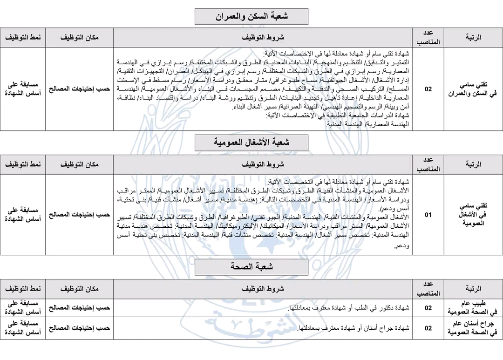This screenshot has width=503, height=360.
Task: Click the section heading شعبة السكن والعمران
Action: pyautogui.click(x=251, y=17)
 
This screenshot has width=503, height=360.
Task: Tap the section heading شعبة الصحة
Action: pyautogui.click(x=251, y=267)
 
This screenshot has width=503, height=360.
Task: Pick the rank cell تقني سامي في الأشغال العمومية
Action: pyautogui.click(x=473, y=215)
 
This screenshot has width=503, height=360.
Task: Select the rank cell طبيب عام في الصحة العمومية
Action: pyautogui.click(x=473, y=308)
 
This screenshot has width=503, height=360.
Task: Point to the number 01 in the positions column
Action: pyautogui.click(x=428, y=215)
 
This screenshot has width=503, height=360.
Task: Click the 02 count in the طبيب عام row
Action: pyautogui.click(x=428, y=308)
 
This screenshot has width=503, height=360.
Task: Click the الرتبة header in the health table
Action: pyautogui.click(x=473, y=289)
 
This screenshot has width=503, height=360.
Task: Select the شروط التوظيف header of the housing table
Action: pyautogui.click(x=263, y=38)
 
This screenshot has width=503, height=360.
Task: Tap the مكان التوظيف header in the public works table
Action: pyautogui.click(x=80, y=164)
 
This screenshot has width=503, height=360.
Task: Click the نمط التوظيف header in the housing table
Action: pyautogui.click(x=23, y=38)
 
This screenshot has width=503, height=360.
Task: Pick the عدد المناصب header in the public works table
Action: pyautogui.click(x=428, y=164)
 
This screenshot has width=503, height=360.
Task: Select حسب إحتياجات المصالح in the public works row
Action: pyautogui.click(x=80, y=215)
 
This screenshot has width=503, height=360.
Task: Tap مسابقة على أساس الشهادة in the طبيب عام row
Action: pyautogui.click(x=23, y=308)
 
